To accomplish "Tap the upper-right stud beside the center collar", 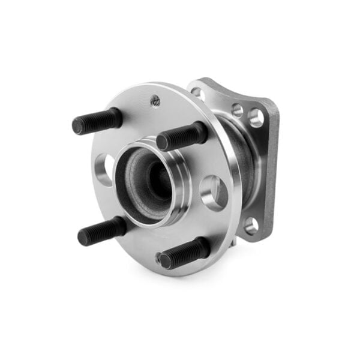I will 182,136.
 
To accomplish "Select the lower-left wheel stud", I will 102,230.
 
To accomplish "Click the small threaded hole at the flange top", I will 155,101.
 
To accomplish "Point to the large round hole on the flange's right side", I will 214,192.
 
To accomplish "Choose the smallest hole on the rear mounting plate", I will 238,110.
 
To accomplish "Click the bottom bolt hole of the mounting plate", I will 251,224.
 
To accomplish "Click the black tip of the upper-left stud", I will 78,125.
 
